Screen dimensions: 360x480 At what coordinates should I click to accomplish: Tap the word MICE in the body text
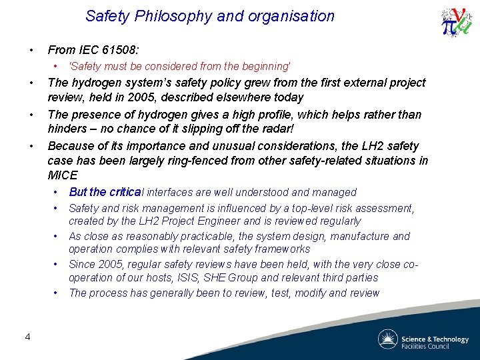(63, 176)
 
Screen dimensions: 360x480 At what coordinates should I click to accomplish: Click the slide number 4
(27, 337)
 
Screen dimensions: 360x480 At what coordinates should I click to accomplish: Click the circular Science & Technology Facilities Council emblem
(387, 339)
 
